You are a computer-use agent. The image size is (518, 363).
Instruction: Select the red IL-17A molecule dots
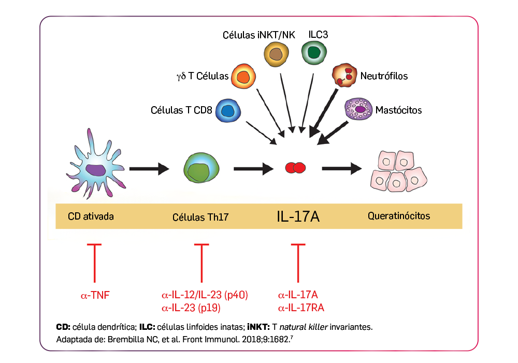coord(295,167)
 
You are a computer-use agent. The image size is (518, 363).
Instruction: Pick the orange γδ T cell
coord(243,77)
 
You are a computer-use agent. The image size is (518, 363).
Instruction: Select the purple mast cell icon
coord(358,110)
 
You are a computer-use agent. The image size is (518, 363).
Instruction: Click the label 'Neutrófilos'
coord(384,76)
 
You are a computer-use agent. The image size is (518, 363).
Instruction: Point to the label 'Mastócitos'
coord(398,110)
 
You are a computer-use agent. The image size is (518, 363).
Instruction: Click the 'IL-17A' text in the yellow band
coord(298,216)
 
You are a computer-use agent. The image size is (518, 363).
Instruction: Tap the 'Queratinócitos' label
coord(398,216)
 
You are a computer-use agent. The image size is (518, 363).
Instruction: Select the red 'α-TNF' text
coord(95,296)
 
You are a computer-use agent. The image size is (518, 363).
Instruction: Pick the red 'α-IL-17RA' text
coord(301,308)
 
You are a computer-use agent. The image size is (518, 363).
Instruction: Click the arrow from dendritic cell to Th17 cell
coord(149,168)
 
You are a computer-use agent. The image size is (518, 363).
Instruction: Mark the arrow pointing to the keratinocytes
coord(341,168)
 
